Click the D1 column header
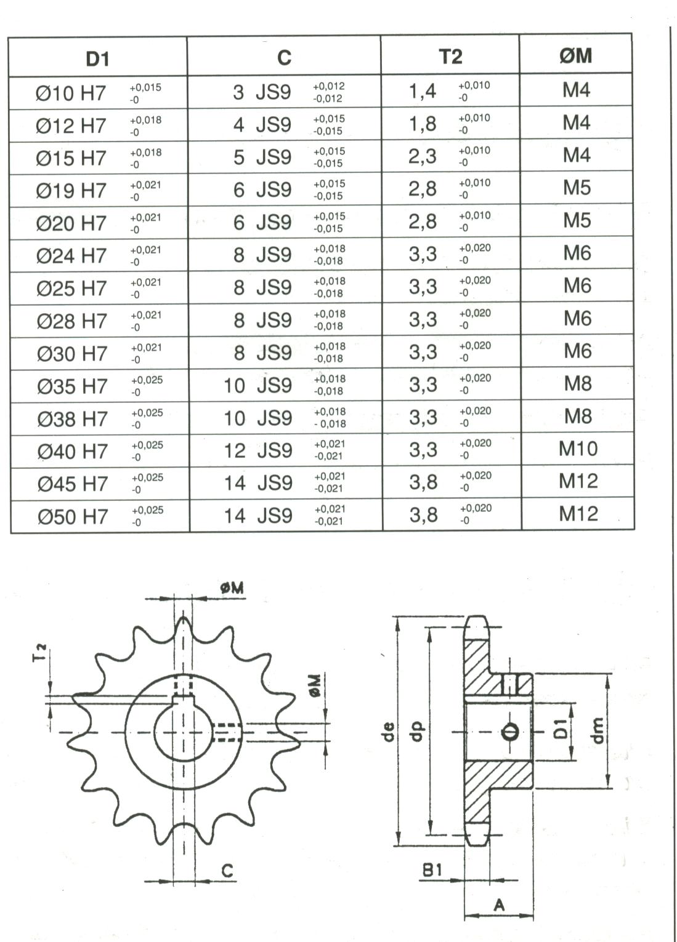(x=97, y=58)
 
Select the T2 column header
(x=450, y=57)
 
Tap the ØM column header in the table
(x=576, y=56)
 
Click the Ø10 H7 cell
(x=71, y=94)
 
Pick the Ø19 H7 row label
(x=71, y=191)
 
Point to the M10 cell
(x=578, y=449)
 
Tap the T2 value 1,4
(x=423, y=91)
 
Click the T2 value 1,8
(x=423, y=124)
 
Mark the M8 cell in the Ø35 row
(x=578, y=384)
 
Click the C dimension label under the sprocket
(x=227, y=871)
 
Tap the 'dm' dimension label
(x=597, y=731)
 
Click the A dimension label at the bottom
(x=499, y=904)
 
